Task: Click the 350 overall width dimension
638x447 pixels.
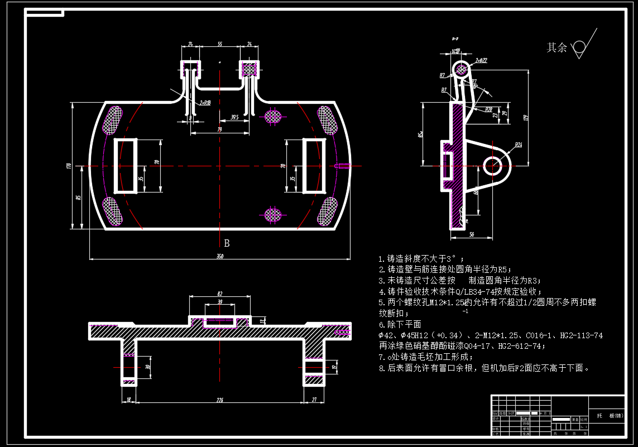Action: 219,256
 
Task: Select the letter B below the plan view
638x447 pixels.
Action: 227,243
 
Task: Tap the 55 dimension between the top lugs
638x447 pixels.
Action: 219,44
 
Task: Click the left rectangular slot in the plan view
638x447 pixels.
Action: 126,165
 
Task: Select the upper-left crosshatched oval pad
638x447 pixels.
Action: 114,120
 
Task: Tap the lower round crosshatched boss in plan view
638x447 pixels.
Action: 272,214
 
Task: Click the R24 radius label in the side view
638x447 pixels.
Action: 518,145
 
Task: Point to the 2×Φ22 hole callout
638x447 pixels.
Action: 481,60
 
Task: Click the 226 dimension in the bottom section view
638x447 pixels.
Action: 219,399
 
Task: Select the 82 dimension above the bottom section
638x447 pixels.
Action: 219,293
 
